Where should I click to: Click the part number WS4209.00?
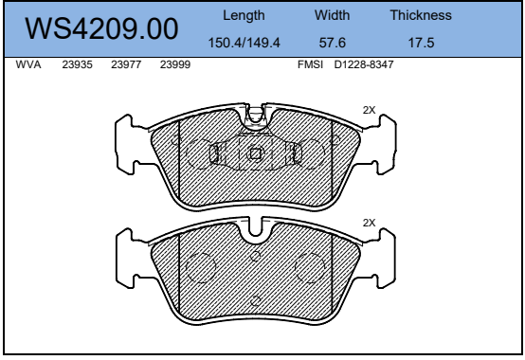coord(101,29)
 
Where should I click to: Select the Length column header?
coord(244,16)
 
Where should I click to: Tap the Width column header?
coord(332,15)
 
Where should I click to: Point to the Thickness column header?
coord(421,15)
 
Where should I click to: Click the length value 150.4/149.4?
coord(244,43)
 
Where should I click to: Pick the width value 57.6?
coord(332,43)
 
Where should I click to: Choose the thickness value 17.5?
coord(421,43)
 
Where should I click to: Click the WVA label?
coord(28,64)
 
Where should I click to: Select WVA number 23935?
coord(77,64)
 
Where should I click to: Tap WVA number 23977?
coord(126,64)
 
